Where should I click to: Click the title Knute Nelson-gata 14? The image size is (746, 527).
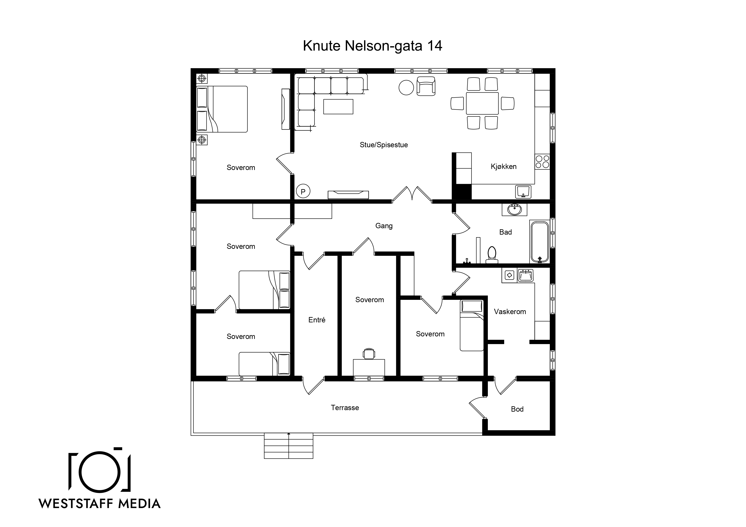pyautogui.click(x=372, y=46)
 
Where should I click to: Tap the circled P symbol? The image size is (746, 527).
pyautogui.click(x=303, y=192)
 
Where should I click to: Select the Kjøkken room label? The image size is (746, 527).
pyautogui.click(x=504, y=167)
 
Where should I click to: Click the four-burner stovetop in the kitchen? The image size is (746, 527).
pyautogui.click(x=542, y=162)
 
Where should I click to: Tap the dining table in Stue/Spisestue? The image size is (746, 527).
pyautogui.click(x=482, y=103)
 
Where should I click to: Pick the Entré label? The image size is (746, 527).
pyautogui.click(x=317, y=320)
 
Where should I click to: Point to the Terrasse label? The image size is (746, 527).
pyautogui.click(x=345, y=408)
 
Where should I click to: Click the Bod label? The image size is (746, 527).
pyautogui.click(x=517, y=409)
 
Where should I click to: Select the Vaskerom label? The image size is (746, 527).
pyautogui.click(x=510, y=312)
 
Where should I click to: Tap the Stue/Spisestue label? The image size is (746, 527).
pyautogui.click(x=384, y=145)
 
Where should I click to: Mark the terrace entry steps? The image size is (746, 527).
pyautogui.click(x=289, y=445)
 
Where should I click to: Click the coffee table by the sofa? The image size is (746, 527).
pyautogui.click(x=338, y=106)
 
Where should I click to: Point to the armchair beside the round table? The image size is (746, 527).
pyautogui.click(x=426, y=86)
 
